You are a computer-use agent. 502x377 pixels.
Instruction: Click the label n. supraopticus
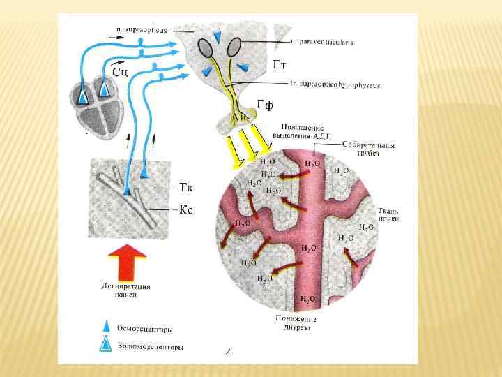pos(144,29)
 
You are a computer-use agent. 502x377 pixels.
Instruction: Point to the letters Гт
pos(280,65)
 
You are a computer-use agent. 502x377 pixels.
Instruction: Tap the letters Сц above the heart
pos(119,71)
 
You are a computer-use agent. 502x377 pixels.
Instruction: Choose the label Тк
pos(185,188)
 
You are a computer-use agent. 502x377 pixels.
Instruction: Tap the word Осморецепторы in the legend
pos(146,328)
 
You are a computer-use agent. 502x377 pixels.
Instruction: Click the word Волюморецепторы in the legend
pos(151,346)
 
